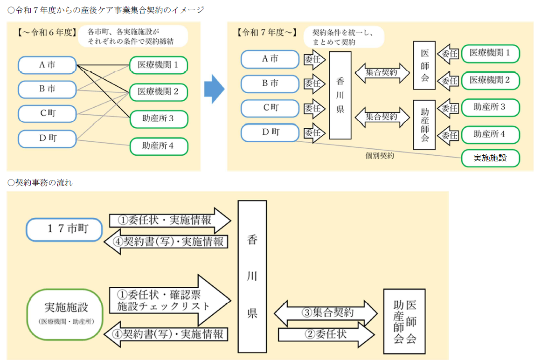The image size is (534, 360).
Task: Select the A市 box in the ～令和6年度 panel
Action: pos(48,65)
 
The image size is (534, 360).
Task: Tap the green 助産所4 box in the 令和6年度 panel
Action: pos(159,146)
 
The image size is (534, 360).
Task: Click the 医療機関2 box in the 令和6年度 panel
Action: pos(159,92)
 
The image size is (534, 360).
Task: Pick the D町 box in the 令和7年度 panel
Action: pos(270,132)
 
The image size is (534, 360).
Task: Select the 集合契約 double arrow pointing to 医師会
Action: pos(381,73)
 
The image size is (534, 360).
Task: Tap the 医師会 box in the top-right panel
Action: pos(424,65)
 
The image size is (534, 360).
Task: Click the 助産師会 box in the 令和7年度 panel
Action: pos(424,125)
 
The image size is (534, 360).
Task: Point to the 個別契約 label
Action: pos(380,156)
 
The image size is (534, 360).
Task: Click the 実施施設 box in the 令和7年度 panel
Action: pos(490,158)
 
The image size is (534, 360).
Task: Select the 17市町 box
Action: pos(64,229)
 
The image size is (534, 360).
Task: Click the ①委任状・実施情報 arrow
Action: pos(170,220)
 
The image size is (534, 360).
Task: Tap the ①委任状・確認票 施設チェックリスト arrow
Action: pos(170,300)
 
